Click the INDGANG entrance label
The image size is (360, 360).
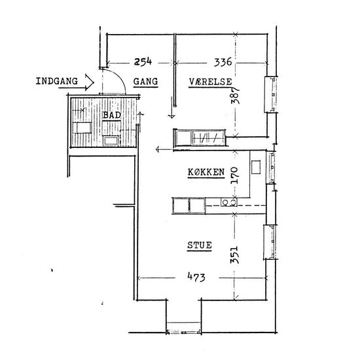click(57, 81)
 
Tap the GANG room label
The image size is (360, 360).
click(145, 82)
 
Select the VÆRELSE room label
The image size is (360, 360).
click(211, 82)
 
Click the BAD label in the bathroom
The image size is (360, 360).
click(112, 115)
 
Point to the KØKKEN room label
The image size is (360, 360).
click(206, 172)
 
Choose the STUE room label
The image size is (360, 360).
click(199, 245)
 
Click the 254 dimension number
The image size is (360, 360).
click(143, 62)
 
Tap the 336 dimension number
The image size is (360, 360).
click(223, 62)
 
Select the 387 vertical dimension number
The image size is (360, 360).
click(235, 96)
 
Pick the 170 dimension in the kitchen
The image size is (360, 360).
click(234, 175)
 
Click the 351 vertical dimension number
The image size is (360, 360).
click(234, 255)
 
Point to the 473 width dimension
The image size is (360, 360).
click(196, 277)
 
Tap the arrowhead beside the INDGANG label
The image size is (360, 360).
click(89, 82)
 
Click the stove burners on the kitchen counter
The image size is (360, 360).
click(229, 202)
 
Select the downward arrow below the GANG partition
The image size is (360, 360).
click(171, 107)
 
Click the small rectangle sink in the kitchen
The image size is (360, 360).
click(256, 167)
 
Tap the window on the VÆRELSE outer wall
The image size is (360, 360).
click(271, 94)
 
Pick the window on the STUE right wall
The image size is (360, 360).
click(270, 242)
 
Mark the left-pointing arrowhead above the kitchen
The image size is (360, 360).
click(158, 149)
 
